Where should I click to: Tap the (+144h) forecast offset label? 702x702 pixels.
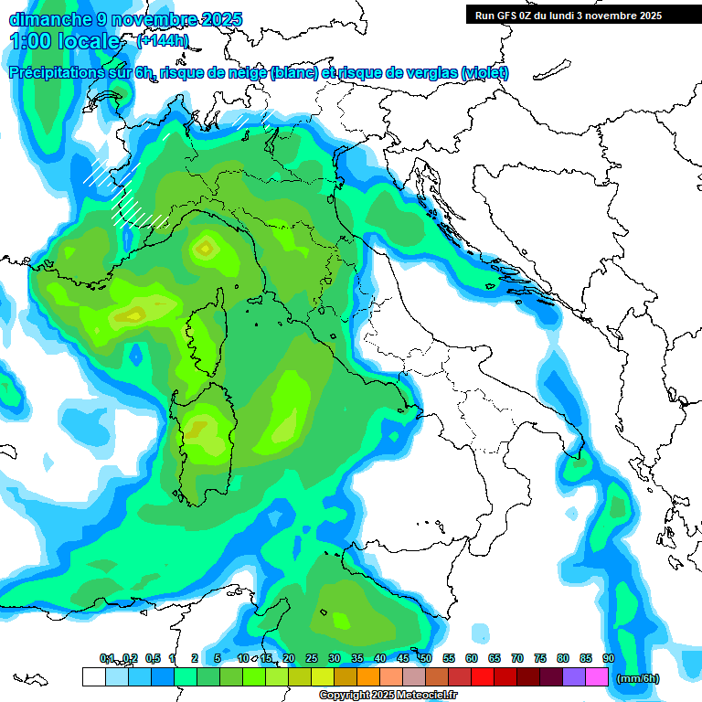pyautogui.click(x=163, y=40)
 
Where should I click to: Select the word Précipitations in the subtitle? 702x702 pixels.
pyautogui.click(x=55, y=73)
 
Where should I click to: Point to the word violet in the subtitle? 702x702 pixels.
pyautogui.click(x=484, y=73)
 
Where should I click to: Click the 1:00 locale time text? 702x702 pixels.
pyautogui.click(x=64, y=41)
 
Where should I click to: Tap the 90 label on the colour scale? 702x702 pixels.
pyautogui.click(x=609, y=658)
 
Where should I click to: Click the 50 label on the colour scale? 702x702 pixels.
pyautogui.click(x=426, y=658)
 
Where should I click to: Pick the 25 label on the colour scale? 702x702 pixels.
pyautogui.click(x=312, y=658)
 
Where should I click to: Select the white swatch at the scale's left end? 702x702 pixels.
pyautogui.click(x=93, y=676)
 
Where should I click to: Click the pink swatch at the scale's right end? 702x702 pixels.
pyautogui.click(x=597, y=676)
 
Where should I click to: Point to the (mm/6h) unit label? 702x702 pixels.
pyautogui.click(x=636, y=678)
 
